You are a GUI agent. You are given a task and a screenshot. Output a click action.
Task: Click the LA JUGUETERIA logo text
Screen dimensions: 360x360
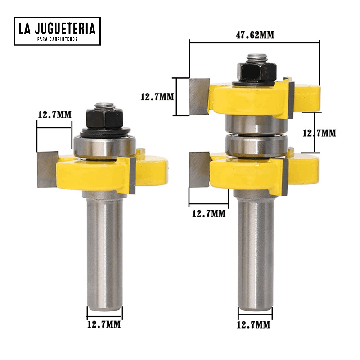[x=57, y=28]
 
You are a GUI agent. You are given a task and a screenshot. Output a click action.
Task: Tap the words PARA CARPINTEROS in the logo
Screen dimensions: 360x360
[x=58, y=39]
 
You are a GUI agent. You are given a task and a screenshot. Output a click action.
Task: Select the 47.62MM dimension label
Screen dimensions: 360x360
[x=255, y=35]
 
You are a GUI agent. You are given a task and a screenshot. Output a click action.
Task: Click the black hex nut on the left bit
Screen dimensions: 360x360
[x=104, y=119]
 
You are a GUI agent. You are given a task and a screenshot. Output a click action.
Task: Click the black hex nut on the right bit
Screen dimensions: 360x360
[x=256, y=72]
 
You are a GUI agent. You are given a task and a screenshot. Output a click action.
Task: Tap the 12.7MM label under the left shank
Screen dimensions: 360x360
[x=104, y=324]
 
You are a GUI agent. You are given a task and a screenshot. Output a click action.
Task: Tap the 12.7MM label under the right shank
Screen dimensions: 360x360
[x=253, y=325]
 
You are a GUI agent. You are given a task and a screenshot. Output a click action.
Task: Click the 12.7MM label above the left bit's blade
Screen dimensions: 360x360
[x=54, y=115]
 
